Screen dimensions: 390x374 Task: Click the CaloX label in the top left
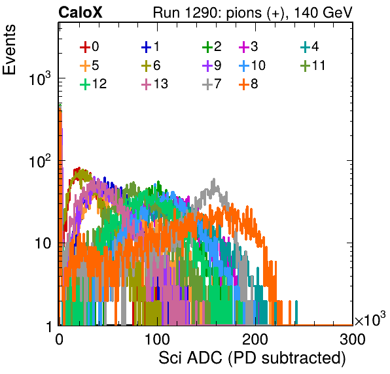80,12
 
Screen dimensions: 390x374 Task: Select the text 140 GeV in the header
323,12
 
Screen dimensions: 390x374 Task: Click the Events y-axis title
9,50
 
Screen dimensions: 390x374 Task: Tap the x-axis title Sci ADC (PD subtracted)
252,358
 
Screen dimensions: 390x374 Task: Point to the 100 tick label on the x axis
157,339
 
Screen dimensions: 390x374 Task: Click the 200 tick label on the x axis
255,339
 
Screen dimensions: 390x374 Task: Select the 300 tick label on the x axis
353,339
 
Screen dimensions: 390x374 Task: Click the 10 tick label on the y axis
43,243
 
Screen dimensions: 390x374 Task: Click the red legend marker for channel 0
85,47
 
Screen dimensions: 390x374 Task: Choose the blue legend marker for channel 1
147,47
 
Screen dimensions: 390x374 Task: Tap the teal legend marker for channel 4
305,47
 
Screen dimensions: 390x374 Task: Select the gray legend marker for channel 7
207,84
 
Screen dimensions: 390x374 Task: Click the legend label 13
161,84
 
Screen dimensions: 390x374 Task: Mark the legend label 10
258,65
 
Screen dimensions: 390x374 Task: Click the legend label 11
319,65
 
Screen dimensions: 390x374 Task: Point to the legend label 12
99,84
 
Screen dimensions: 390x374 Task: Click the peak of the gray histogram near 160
214,179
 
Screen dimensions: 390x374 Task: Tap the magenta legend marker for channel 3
244,47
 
